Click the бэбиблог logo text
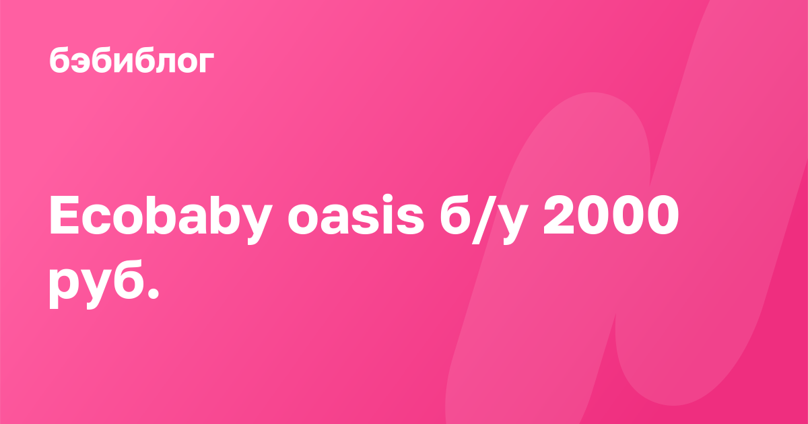pos(132,60)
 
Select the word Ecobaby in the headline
pos(161,219)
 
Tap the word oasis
pos(356,215)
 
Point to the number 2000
pos(611,215)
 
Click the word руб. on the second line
pos(104,285)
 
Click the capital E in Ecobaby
pos(64,215)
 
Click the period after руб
pos(154,294)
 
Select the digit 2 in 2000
pos(559,215)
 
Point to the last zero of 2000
pos(663,215)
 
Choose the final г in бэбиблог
pos(206,63)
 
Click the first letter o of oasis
pos(304,220)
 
